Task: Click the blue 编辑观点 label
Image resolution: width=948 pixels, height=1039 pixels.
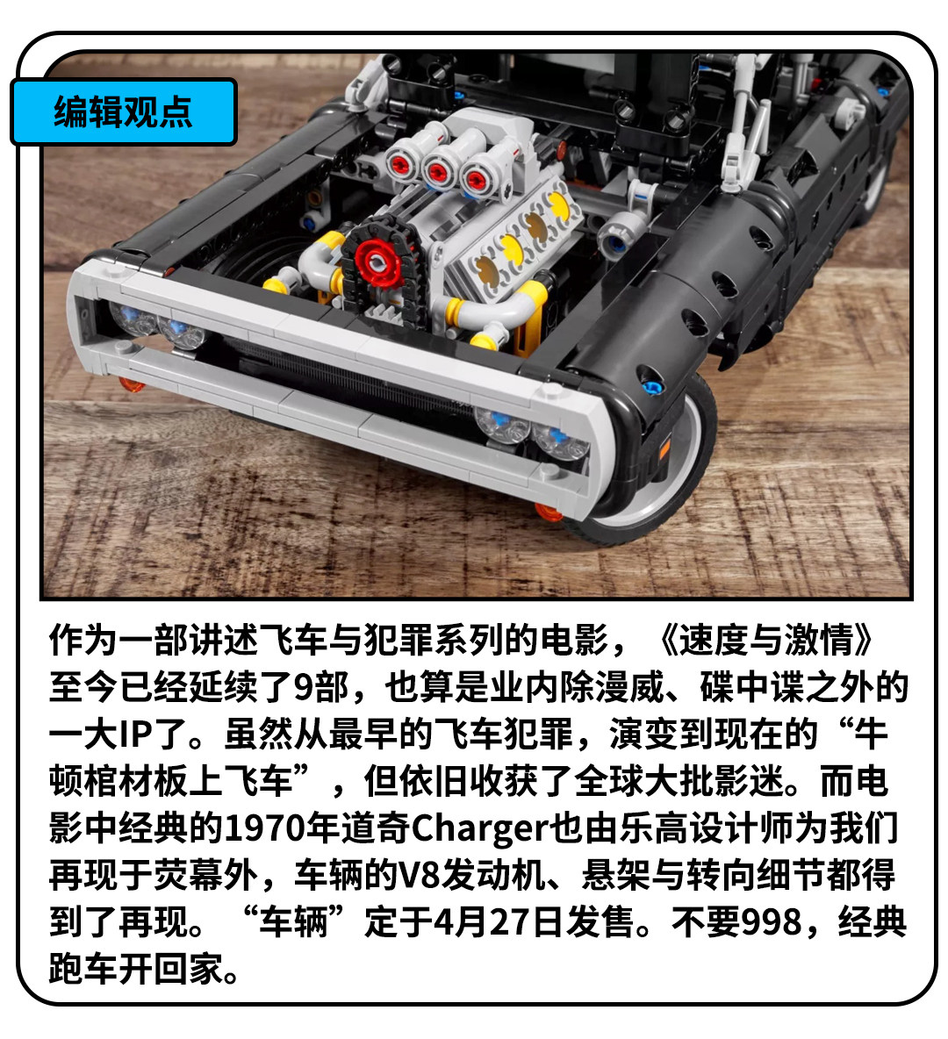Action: [124, 111]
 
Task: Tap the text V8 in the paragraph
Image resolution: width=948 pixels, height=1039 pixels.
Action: [419, 875]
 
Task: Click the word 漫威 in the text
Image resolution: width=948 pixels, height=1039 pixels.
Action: [629, 687]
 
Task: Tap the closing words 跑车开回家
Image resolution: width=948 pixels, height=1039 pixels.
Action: [136, 969]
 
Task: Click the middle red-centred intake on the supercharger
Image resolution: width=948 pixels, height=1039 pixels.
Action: [437, 172]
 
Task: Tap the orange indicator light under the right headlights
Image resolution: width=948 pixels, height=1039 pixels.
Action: [549, 511]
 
